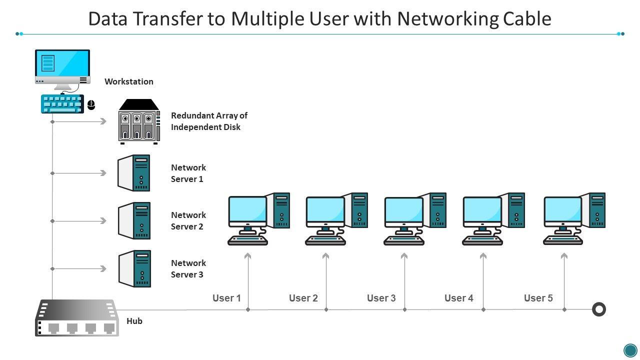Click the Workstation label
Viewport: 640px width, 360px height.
click(x=128, y=81)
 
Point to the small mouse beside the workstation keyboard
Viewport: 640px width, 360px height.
click(x=91, y=104)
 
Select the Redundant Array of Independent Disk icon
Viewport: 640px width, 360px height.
click(x=139, y=121)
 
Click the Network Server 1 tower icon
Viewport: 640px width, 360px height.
click(x=134, y=173)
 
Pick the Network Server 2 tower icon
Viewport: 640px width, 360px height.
click(x=134, y=220)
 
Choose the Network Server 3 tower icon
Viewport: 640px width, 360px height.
click(x=134, y=268)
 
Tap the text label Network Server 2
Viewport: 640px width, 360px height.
click(x=188, y=220)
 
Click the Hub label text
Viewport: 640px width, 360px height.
click(x=134, y=321)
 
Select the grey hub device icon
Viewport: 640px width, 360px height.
click(x=76, y=318)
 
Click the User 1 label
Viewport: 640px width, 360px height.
click(x=226, y=298)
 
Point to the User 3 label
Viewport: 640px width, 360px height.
click(x=381, y=298)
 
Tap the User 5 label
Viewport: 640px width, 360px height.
click(x=538, y=298)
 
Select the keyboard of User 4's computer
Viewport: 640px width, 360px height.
click(x=482, y=240)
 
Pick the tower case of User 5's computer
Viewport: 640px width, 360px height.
click(x=597, y=210)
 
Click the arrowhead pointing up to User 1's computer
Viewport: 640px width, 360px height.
click(x=247, y=256)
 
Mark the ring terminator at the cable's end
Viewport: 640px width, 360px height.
click(x=598, y=309)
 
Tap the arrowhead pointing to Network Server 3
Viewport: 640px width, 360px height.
click(x=103, y=268)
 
